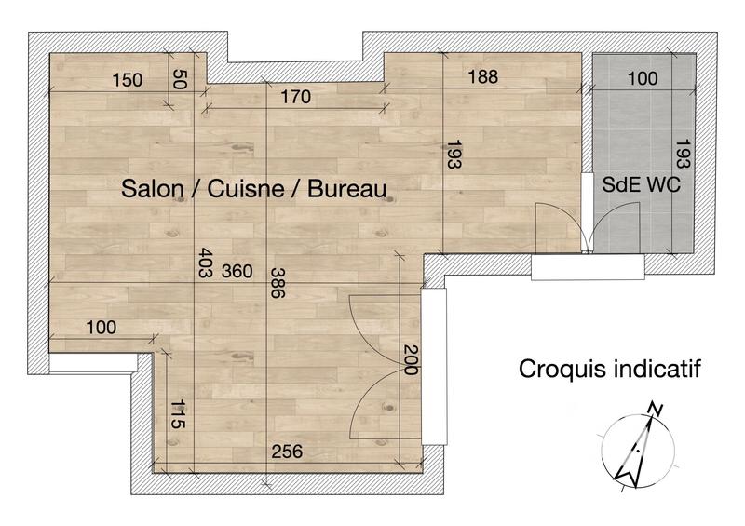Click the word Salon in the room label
tap(151, 189)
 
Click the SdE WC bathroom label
tap(642, 183)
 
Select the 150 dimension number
tap(127, 80)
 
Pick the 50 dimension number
tap(181, 79)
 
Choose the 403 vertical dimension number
tap(205, 263)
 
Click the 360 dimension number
tap(237, 271)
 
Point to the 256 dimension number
tap(287, 452)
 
